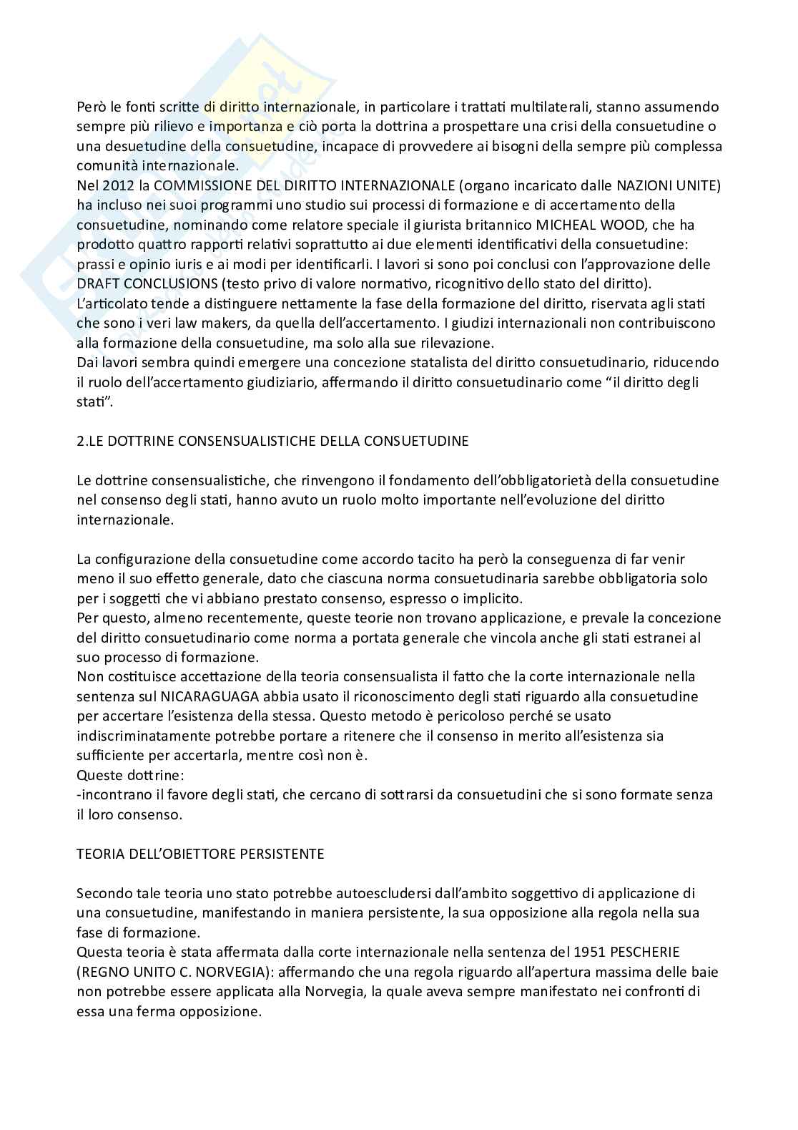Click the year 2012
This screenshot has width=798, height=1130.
[x=117, y=186]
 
